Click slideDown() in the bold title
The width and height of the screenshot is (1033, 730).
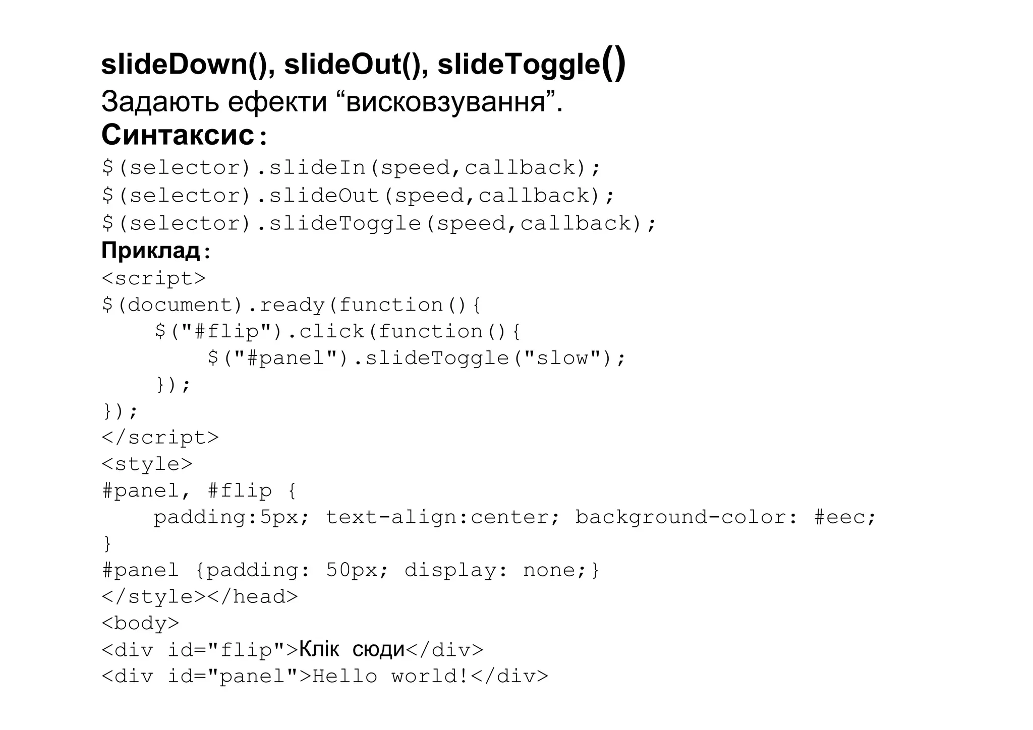point(185,65)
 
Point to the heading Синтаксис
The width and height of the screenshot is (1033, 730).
point(178,135)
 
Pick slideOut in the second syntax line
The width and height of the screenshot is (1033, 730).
point(324,196)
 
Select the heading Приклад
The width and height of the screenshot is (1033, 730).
point(151,250)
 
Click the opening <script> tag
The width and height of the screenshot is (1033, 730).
point(154,278)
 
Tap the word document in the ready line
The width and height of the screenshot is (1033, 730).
point(180,305)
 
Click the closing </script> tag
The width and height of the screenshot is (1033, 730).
point(160,438)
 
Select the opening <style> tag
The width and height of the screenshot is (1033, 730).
point(147,464)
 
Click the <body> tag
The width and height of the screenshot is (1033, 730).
point(140,624)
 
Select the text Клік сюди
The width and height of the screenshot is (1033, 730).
point(352,650)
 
